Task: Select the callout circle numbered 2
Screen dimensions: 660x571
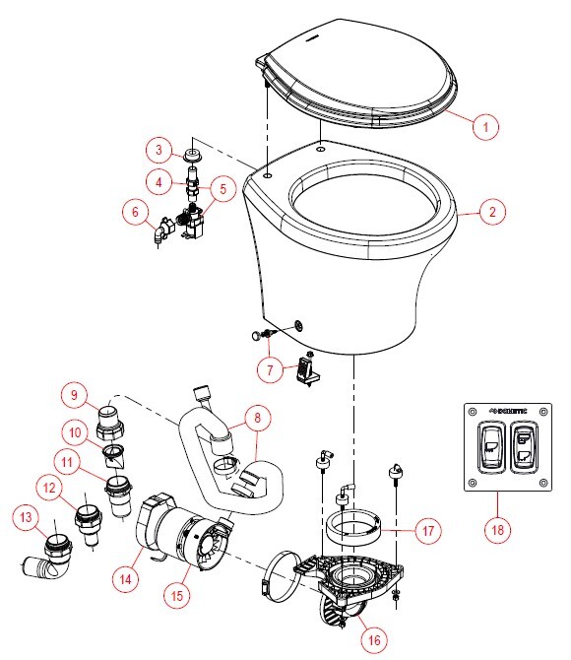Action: pos(493,210)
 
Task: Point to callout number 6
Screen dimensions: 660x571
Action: pos(134,210)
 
